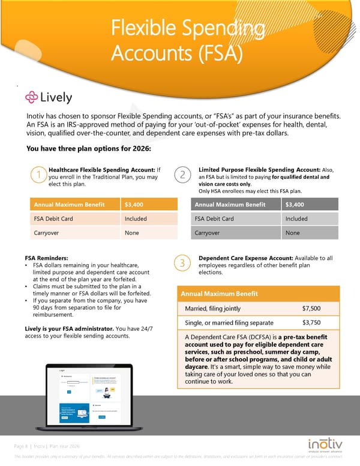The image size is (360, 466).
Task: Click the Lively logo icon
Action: (31, 97)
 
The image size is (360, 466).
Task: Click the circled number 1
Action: (38, 175)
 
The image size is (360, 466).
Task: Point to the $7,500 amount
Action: (311, 309)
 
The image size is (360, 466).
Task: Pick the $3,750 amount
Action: (311, 322)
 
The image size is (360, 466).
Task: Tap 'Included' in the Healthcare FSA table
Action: (136, 219)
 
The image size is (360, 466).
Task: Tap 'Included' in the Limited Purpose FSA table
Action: (296, 219)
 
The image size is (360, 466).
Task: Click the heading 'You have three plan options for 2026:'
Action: (89, 149)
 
